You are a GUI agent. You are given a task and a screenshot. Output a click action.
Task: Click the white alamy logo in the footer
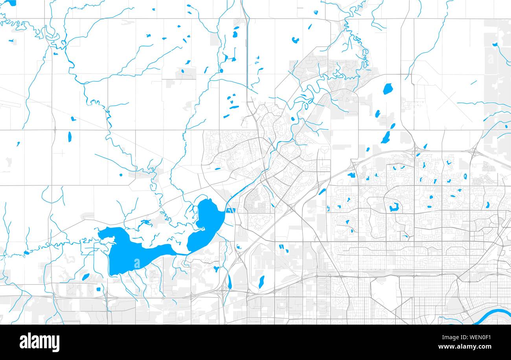tap(39, 342)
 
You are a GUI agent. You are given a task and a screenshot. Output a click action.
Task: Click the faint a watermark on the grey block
tap(490, 59)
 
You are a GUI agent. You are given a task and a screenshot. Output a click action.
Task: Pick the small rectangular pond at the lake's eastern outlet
tap(230, 210)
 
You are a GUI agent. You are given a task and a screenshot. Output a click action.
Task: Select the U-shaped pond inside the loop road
tap(393, 208)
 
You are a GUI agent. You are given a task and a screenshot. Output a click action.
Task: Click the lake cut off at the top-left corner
tap(9, 3)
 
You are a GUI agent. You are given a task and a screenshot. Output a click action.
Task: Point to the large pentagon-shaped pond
tap(388, 89)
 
